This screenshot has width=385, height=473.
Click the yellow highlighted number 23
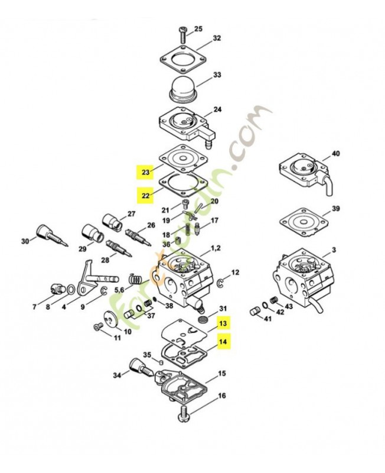[145, 173]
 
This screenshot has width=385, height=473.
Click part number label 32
[217, 38]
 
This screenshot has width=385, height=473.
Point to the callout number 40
[335, 154]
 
